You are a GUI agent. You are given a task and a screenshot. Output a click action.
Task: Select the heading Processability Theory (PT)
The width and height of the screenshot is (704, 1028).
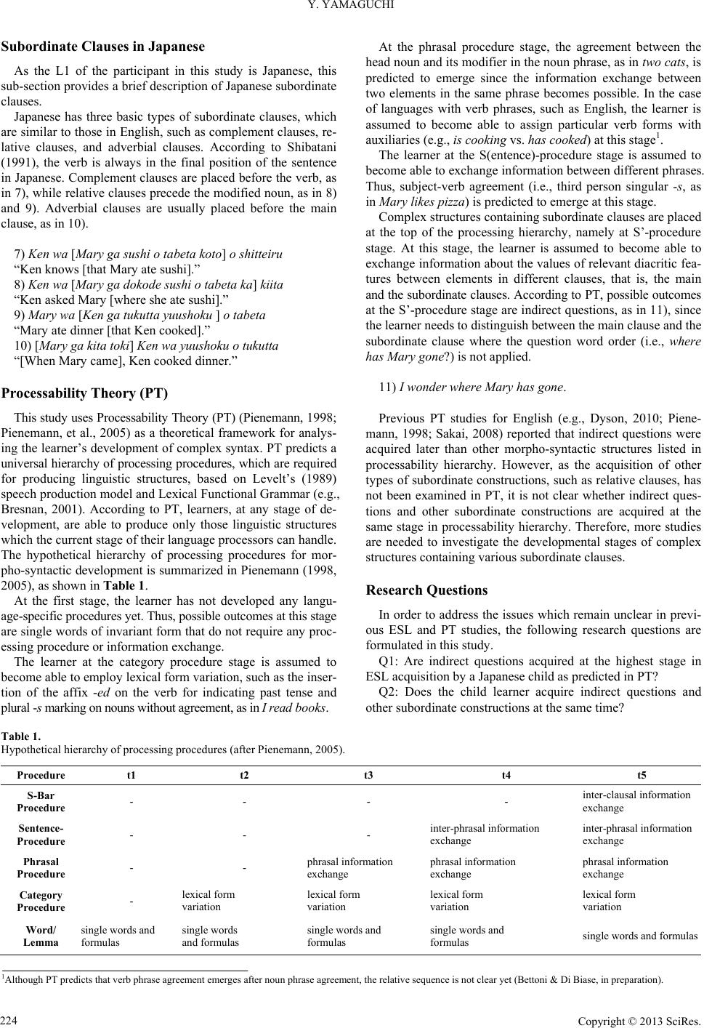tap(84, 393)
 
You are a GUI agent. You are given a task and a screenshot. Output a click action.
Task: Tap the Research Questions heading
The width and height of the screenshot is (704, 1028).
tap(427, 590)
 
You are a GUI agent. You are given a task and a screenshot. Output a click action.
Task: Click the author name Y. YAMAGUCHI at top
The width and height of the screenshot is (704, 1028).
tap(351, 8)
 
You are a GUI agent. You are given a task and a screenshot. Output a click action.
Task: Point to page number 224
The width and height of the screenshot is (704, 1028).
tap(10, 1016)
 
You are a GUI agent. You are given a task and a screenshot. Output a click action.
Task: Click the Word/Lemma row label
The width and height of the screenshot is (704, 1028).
tap(41, 936)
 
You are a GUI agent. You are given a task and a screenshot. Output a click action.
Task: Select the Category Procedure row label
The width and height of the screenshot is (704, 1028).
tap(41, 901)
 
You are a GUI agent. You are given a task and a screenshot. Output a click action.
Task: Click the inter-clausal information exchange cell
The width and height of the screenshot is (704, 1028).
tap(636, 801)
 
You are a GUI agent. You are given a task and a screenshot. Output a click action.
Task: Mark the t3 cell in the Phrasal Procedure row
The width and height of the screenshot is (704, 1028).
tap(349, 867)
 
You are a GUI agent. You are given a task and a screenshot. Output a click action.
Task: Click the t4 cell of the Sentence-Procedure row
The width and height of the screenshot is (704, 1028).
tap(484, 834)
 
